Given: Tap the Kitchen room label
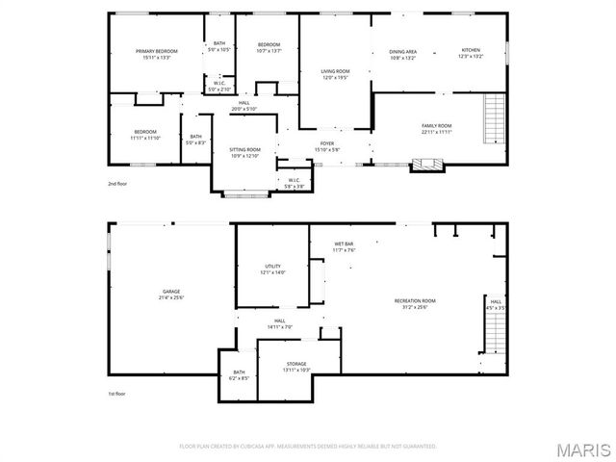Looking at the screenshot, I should click(x=470, y=51).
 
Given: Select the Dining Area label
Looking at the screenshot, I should click(x=402, y=52).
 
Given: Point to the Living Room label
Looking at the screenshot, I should click(x=335, y=71).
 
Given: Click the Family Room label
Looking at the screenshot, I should click(x=436, y=126).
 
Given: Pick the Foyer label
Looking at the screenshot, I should click(x=327, y=143).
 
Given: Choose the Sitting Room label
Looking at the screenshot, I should click(x=244, y=149).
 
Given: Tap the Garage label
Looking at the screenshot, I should click(x=171, y=292).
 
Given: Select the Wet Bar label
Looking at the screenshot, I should click(x=344, y=244).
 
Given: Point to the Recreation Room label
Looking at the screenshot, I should click(x=415, y=301).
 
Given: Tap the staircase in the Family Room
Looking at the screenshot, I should click(x=495, y=118).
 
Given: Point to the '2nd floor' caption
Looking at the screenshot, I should click(x=117, y=183).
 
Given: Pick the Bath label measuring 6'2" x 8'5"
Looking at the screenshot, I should click(x=239, y=374).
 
